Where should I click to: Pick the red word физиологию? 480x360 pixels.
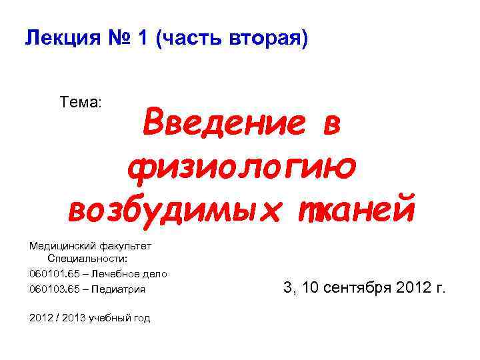241,167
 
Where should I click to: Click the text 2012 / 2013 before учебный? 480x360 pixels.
58,318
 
